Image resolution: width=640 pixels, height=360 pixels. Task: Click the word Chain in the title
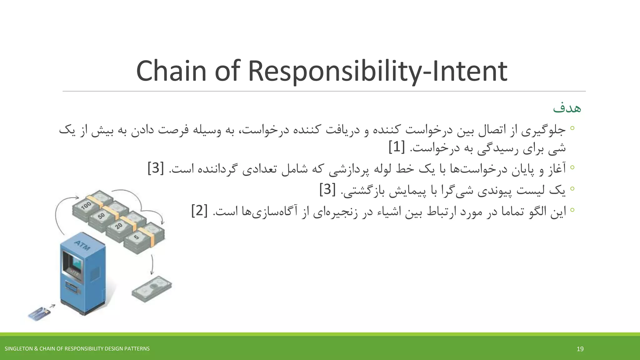[x=171, y=71]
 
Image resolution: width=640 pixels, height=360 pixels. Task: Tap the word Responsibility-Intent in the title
[x=377, y=71]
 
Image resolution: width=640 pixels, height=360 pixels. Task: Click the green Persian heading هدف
[x=567, y=108]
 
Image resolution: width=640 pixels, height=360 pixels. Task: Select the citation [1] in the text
[x=397, y=147]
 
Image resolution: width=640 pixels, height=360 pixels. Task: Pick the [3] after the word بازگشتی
[x=327, y=189]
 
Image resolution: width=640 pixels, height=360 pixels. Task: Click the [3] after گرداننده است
[x=156, y=168]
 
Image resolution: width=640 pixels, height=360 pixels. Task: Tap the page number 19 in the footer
[x=580, y=349]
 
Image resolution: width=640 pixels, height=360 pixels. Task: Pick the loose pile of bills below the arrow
[x=152, y=289]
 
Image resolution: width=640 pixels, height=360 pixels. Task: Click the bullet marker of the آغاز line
[x=572, y=167]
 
